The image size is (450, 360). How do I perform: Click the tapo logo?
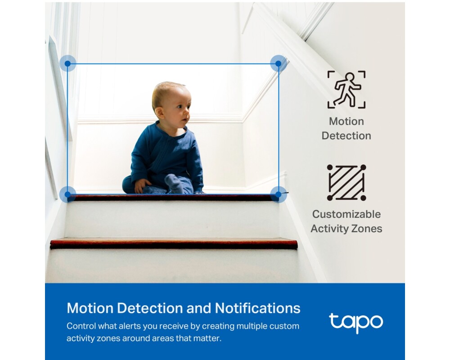point(356,323)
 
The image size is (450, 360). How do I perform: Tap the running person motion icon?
point(346,89)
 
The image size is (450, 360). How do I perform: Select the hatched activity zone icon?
point(346,182)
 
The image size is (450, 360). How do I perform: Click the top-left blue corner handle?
point(68,63)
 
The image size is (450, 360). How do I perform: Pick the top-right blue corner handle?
point(278,63)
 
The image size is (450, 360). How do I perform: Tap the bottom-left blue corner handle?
point(68,194)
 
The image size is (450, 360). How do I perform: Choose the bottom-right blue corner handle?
point(278,194)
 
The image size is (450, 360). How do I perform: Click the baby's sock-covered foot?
point(175,183)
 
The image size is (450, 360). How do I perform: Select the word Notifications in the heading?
point(257,308)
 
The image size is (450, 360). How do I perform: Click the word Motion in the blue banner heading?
point(90,308)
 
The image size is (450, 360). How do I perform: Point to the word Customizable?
point(346,214)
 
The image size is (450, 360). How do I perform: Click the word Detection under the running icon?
point(346,135)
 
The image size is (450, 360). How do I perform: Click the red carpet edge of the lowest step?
point(174,244)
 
